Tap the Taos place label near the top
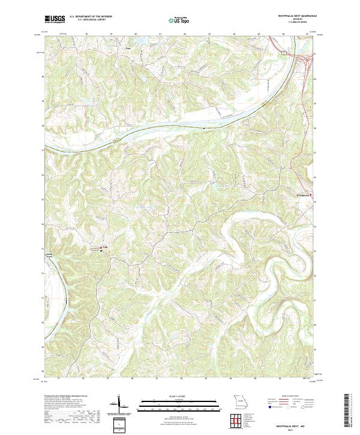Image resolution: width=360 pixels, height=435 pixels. [x=127, y=48]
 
